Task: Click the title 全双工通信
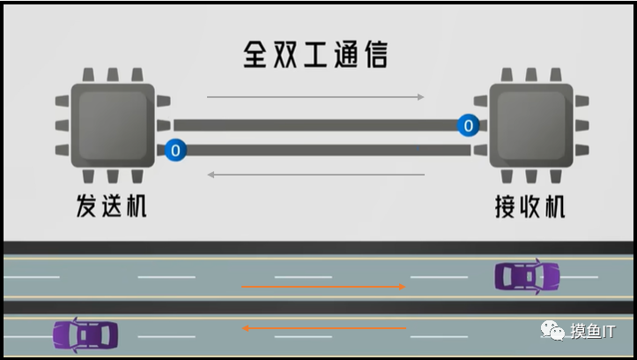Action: point(315,55)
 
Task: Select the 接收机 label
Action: point(529,206)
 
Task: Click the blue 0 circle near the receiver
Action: point(468,126)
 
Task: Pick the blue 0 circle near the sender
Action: point(175,150)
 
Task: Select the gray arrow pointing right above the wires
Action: point(315,96)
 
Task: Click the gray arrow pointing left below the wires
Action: point(315,175)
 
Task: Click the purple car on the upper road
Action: point(527,277)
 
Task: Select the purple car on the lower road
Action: point(85,334)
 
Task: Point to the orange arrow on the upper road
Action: point(323,287)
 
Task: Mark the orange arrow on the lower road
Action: point(323,328)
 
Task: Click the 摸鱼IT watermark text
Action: point(596,330)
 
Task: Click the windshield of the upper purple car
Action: point(539,277)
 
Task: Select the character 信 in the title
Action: point(374,55)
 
